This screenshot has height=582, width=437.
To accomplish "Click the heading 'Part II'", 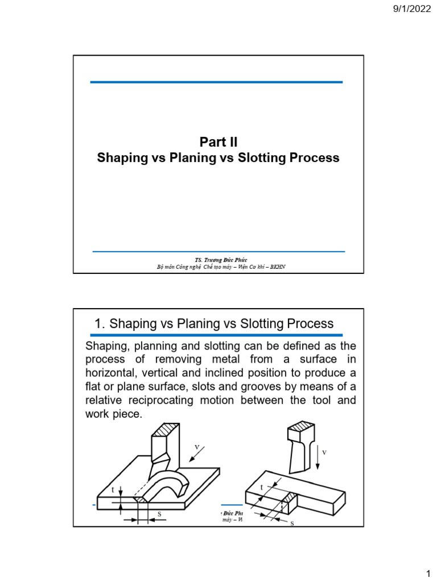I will (x=218, y=142).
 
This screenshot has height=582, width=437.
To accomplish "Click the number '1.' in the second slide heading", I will (x=100, y=324).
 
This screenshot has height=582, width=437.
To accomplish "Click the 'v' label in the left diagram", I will (x=197, y=447).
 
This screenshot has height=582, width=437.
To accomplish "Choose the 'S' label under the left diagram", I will (x=159, y=514).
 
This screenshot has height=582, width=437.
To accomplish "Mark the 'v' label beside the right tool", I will (x=324, y=452).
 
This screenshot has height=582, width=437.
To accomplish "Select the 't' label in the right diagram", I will (x=262, y=488).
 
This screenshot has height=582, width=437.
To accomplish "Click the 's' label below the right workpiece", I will (x=292, y=523).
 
